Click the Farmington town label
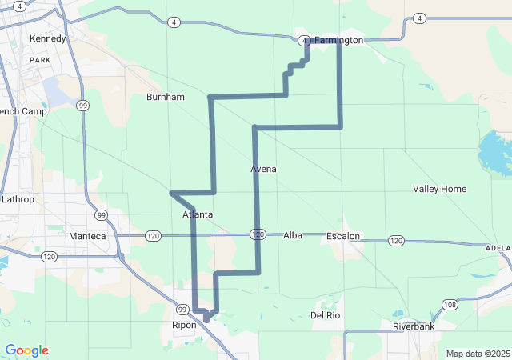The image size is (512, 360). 338,40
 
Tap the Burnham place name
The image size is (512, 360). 166,97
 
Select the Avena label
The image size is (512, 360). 263,169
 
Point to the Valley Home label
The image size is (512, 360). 439,189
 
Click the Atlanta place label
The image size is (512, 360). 198,214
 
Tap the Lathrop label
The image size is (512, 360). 18,198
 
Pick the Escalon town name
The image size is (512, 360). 343,236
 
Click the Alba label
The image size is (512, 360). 293,235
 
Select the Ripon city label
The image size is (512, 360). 184,325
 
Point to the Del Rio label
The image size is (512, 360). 326,315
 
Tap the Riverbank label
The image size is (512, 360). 413,326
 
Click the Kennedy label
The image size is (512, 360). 46,38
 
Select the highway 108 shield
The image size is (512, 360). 450,305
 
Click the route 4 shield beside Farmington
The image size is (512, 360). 305,41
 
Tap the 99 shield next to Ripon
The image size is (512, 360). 182,310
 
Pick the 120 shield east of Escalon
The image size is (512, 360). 396,240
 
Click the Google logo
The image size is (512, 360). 26,350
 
